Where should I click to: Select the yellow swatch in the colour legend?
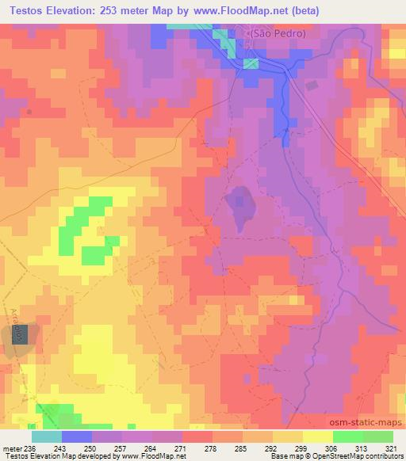coord(317,436)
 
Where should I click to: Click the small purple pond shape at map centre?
coord(239,208)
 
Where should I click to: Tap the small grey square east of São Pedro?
coord(311,85)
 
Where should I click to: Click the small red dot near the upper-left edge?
coord(30,112)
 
